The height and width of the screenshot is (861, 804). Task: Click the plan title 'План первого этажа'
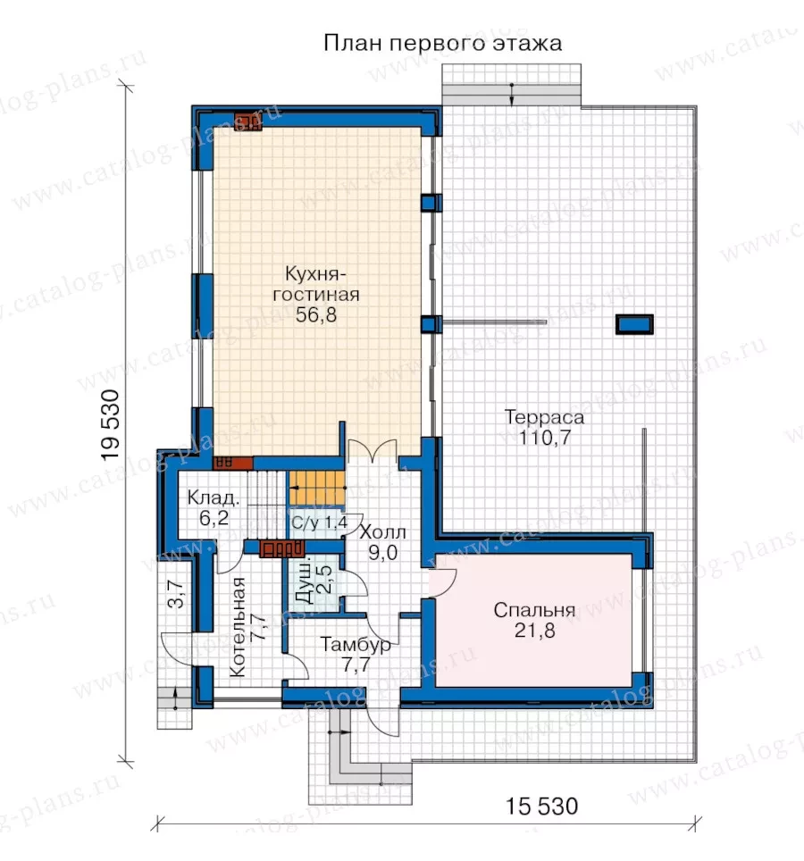pos(442,43)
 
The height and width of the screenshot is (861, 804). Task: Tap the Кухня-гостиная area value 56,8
pos(315,314)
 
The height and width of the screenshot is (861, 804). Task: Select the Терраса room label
pos(544,417)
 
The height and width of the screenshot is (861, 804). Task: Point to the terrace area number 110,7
pos(545,438)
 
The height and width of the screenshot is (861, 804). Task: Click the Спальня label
pos(534,610)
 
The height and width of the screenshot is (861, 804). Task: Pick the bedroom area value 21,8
pos(534,631)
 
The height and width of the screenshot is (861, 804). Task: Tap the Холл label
pos(382,532)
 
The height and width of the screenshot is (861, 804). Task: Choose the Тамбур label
pos(356,644)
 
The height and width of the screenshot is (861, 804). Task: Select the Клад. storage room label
pos(214,498)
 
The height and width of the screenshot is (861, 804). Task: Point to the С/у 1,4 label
pos(319,522)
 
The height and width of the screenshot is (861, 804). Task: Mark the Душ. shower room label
pos(303,581)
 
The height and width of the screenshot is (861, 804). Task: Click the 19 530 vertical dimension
pos(111,424)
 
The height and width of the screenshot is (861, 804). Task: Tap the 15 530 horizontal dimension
pos(541,807)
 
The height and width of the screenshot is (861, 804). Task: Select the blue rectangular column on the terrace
pos(634,324)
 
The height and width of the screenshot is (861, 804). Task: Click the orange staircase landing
pos(317,488)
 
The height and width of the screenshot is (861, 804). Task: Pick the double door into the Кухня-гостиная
pos(373,450)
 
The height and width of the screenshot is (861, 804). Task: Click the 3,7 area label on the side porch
pos(176,594)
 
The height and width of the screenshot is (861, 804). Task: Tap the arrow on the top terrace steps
pos(511,94)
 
